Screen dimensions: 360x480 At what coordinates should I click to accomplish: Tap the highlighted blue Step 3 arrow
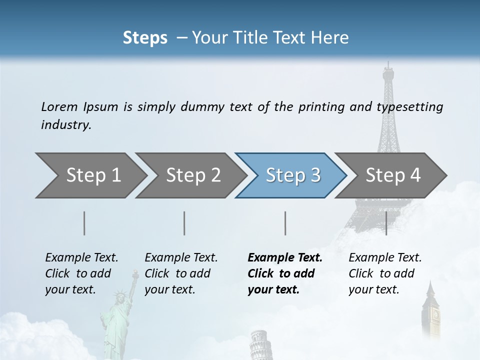[x=293, y=175]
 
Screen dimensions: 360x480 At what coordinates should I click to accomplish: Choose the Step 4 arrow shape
[x=393, y=175]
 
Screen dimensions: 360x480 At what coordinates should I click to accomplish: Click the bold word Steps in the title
[x=145, y=37]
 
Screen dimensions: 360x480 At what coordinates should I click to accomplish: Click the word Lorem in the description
[x=59, y=106]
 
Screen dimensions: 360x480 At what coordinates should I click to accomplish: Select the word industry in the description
[x=65, y=124]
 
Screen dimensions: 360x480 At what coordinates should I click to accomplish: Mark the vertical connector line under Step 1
[x=84, y=223]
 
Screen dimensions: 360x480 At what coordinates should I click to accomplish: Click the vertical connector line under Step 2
[x=184, y=223]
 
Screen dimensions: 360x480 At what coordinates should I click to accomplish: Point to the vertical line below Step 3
[x=285, y=223]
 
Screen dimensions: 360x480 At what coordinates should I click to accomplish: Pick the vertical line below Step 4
[x=386, y=223]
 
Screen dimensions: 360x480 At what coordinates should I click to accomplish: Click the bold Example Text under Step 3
[x=285, y=258]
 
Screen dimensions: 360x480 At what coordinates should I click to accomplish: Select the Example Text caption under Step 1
[x=81, y=258]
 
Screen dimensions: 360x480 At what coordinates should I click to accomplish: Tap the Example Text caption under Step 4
[x=385, y=258]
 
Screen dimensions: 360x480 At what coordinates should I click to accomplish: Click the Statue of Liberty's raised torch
[x=134, y=273]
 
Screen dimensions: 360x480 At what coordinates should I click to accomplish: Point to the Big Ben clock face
[x=435, y=314]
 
